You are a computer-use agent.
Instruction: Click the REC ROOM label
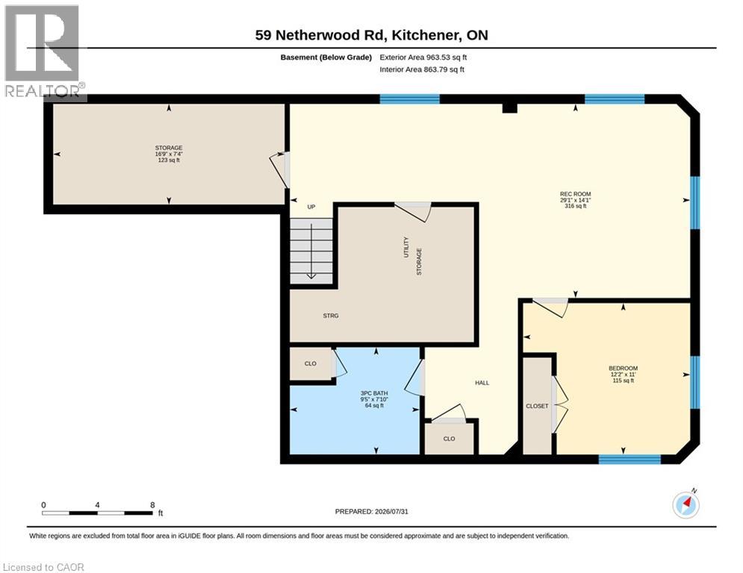[575, 194]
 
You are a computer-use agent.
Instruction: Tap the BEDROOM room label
[623, 369]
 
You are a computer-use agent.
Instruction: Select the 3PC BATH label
[374, 393]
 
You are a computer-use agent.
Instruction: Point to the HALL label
[482, 383]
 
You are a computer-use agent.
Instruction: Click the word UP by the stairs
[311, 207]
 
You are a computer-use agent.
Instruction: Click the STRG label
[331, 316]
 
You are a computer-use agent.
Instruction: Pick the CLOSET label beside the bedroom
[537, 407]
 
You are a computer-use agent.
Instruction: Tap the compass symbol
[686, 505]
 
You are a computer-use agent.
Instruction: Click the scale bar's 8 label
[152, 505]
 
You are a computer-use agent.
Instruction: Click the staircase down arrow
[311, 251]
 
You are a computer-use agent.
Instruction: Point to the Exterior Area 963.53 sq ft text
[423, 57]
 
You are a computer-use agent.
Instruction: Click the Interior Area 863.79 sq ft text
[422, 69]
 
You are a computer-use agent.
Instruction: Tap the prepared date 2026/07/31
[391, 511]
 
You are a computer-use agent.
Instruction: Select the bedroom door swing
[550, 308]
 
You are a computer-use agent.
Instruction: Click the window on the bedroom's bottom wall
[629, 459]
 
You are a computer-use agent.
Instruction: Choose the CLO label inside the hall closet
[450, 439]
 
